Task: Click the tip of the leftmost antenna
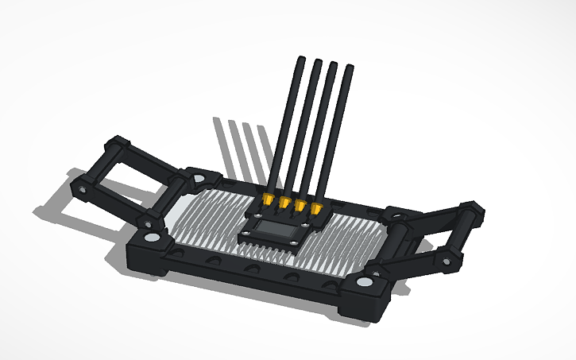click(x=301, y=59)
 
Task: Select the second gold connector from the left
click(x=284, y=203)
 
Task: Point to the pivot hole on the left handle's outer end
click(x=82, y=190)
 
